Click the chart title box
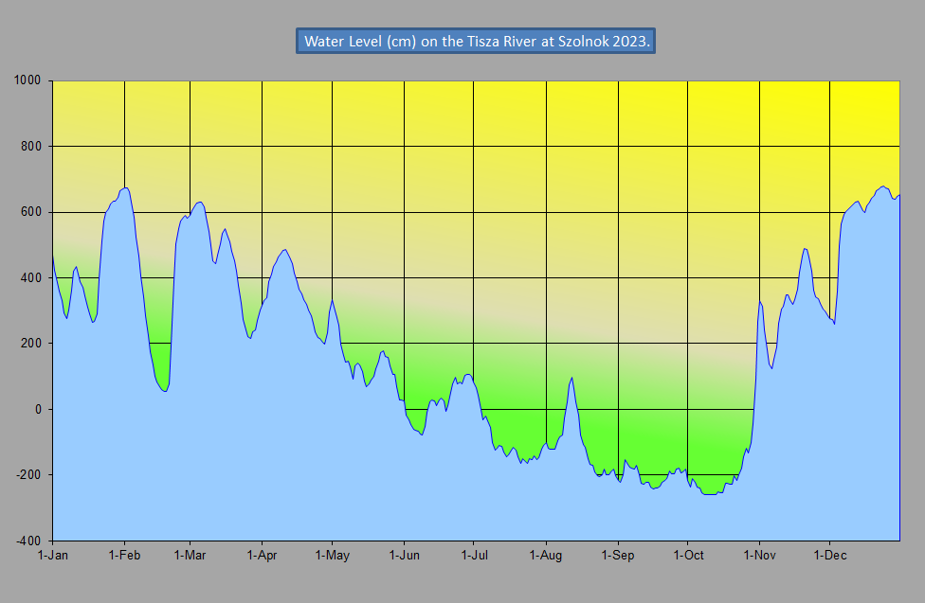pos(475,42)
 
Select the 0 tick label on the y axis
pos(41,409)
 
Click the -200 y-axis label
pos(29,474)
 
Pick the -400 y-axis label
pos(29,541)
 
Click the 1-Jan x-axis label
pos(52,556)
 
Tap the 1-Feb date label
pos(124,556)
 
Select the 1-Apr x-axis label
pos(262,556)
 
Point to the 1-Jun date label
pos(405,556)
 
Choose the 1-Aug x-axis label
pos(547,556)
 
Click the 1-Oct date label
pos(689,556)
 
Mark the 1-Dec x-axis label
pos(830,556)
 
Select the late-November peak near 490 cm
pos(805,249)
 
